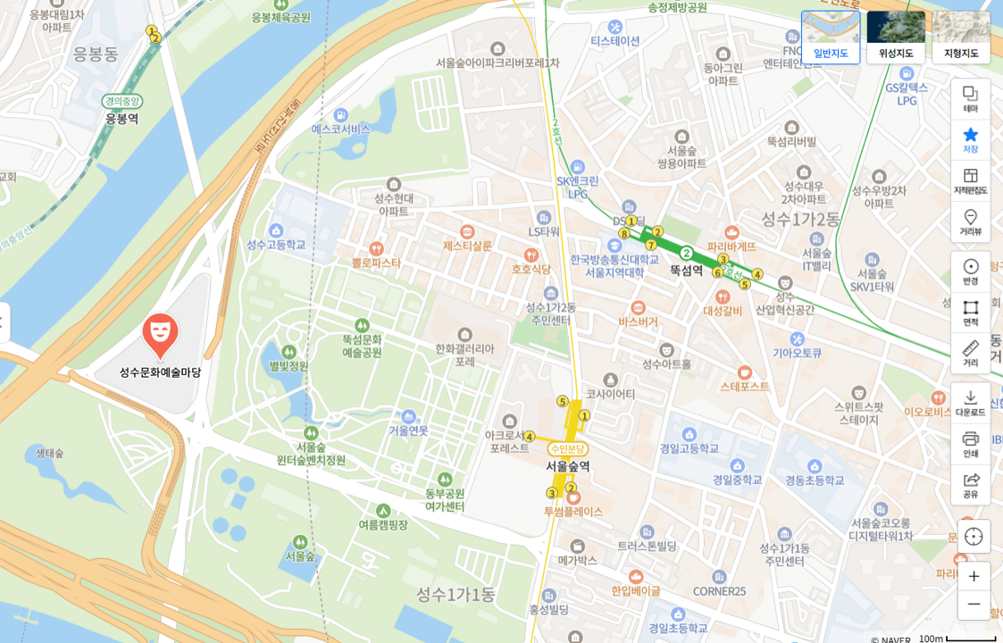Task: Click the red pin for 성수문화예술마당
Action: (x=160, y=334)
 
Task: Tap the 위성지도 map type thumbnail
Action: (x=896, y=37)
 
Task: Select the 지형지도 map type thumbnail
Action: (x=961, y=37)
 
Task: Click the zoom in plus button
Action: (x=974, y=576)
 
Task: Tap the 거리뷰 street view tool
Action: (x=971, y=221)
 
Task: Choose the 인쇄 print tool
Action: (x=971, y=443)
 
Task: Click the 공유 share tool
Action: (x=971, y=484)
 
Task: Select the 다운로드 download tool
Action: (x=971, y=402)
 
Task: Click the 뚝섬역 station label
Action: (x=686, y=270)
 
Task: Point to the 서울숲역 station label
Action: (x=568, y=465)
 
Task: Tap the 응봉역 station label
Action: (x=121, y=118)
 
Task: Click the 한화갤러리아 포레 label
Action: (x=464, y=355)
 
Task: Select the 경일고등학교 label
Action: (x=689, y=448)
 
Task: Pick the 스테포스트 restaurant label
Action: (x=745, y=386)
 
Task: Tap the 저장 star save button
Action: (x=971, y=139)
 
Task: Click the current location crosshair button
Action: (x=974, y=536)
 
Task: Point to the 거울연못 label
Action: (x=408, y=430)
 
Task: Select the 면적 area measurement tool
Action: (x=971, y=312)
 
